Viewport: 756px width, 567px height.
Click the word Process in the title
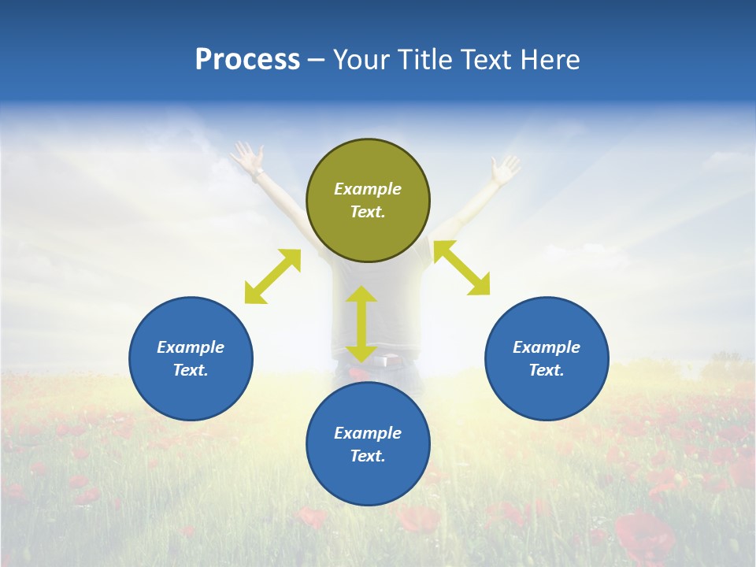point(247,60)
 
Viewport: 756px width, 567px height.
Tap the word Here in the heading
point(548,60)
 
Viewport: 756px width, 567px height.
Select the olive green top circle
point(368,200)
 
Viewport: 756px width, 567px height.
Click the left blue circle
point(191,358)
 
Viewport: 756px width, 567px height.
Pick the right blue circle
point(547,358)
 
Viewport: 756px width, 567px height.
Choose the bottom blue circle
point(368,444)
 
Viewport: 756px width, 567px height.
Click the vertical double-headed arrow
point(361,324)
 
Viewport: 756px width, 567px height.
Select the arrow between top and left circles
point(272,276)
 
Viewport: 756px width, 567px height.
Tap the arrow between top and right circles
point(461,268)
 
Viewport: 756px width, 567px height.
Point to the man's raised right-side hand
point(504,168)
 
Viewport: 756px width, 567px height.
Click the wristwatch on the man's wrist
point(258,172)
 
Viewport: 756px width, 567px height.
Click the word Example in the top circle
point(368,189)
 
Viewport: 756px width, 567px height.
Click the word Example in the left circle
point(191,347)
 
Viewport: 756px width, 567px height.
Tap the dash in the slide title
point(316,61)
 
